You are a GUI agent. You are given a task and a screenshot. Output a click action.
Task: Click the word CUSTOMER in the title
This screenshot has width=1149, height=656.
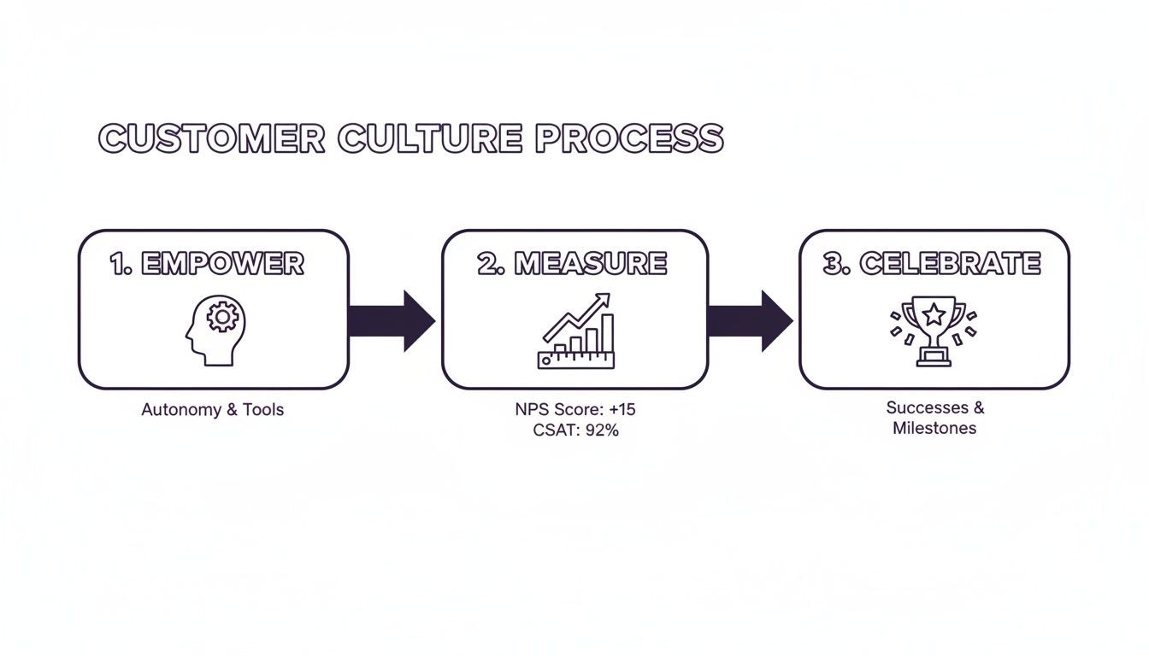212,138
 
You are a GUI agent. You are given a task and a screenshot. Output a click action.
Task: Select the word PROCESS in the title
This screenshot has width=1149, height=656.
629,138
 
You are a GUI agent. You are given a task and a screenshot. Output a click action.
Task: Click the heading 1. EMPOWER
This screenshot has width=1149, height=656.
207,264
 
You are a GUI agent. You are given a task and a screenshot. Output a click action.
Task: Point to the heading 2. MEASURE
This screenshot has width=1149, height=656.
573,264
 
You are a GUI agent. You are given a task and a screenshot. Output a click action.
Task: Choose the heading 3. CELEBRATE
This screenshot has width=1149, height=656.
932,264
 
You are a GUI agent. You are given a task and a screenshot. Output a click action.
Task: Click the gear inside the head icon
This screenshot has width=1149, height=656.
223,317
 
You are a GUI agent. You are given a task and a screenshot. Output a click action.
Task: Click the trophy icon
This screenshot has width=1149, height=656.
933,331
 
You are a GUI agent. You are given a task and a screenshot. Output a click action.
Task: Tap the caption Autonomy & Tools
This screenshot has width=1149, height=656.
212,410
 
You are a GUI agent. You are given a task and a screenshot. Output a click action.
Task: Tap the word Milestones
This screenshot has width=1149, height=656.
934,428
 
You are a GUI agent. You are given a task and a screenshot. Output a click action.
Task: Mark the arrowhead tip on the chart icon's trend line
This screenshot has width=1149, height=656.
607,296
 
